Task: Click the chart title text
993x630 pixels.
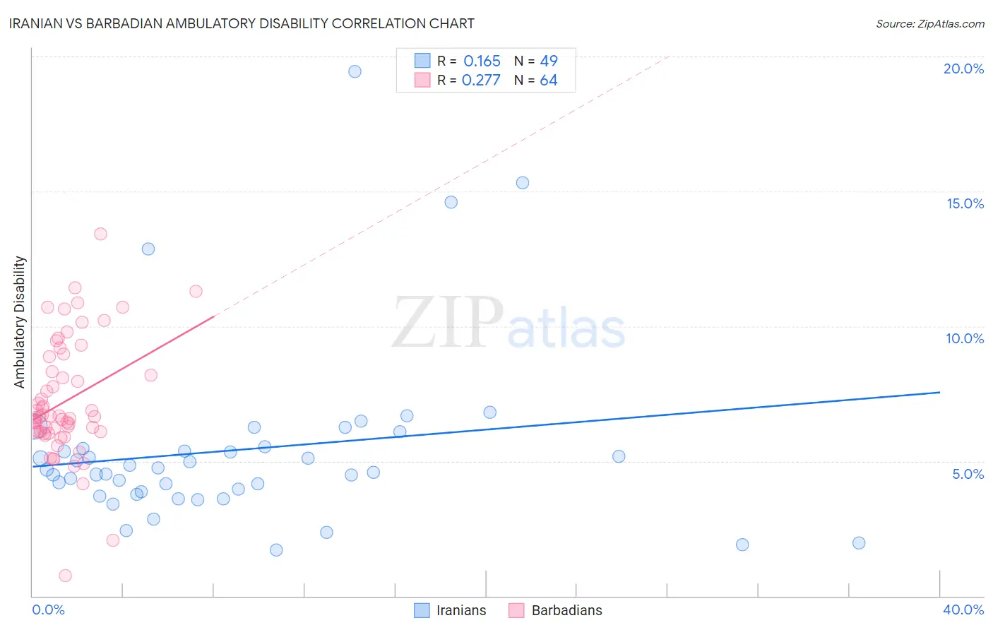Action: coord(242,23)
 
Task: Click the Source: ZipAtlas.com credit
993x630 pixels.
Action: coord(929,23)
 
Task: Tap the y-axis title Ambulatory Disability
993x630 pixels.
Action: coord(20,321)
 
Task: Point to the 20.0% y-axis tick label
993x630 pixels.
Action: coord(963,69)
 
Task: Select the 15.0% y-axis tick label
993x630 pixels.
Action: coord(965,203)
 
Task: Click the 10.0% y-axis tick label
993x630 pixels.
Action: coord(965,338)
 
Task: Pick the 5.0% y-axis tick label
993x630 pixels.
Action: coord(968,474)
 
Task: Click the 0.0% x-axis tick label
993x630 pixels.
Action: coord(48,610)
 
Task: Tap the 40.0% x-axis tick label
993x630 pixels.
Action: coord(963,610)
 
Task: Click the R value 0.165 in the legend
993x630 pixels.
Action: coord(482,61)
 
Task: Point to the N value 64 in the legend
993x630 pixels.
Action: coord(549,81)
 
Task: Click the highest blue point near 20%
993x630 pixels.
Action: coord(355,71)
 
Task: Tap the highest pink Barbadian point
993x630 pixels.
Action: coord(100,234)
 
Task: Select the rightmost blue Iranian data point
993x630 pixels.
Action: coord(859,543)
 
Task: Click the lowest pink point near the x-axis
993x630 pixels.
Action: coord(65,576)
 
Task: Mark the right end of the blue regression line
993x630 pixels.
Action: coord(939,392)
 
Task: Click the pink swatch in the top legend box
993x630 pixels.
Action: coord(422,80)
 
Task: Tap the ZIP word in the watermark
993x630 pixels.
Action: coord(448,323)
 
